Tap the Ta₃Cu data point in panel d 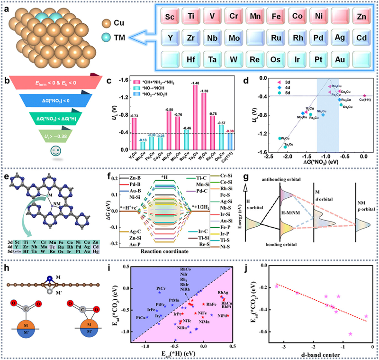[285, 147]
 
